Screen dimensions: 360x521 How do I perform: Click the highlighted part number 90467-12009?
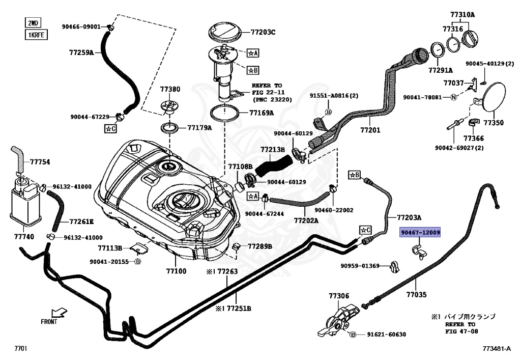[420, 232]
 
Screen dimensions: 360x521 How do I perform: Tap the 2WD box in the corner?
[33, 23]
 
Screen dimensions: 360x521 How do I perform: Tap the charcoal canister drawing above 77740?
[24, 203]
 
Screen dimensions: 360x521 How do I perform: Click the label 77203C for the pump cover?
[263, 32]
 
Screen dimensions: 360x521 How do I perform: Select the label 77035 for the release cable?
[416, 295]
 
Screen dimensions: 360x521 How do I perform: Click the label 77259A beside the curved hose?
[81, 52]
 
